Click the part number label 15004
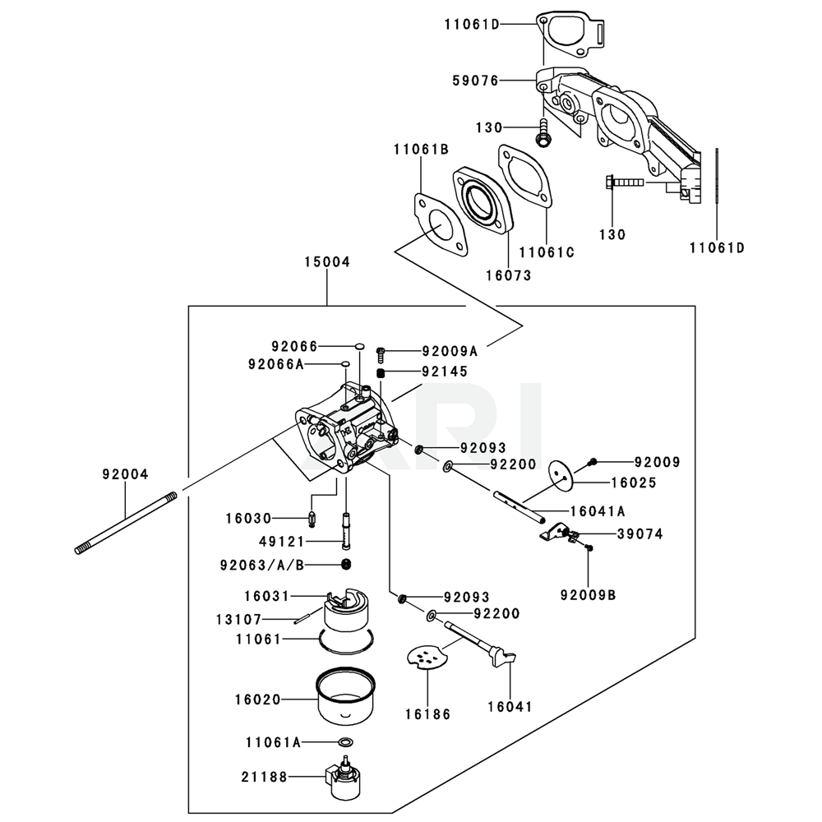(x=327, y=261)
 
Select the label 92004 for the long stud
(x=125, y=474)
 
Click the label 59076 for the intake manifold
(x=476, y=81)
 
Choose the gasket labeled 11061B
(x=441, y=226)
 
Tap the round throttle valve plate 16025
(x=562, y=475)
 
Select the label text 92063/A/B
(x=262, y=566)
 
